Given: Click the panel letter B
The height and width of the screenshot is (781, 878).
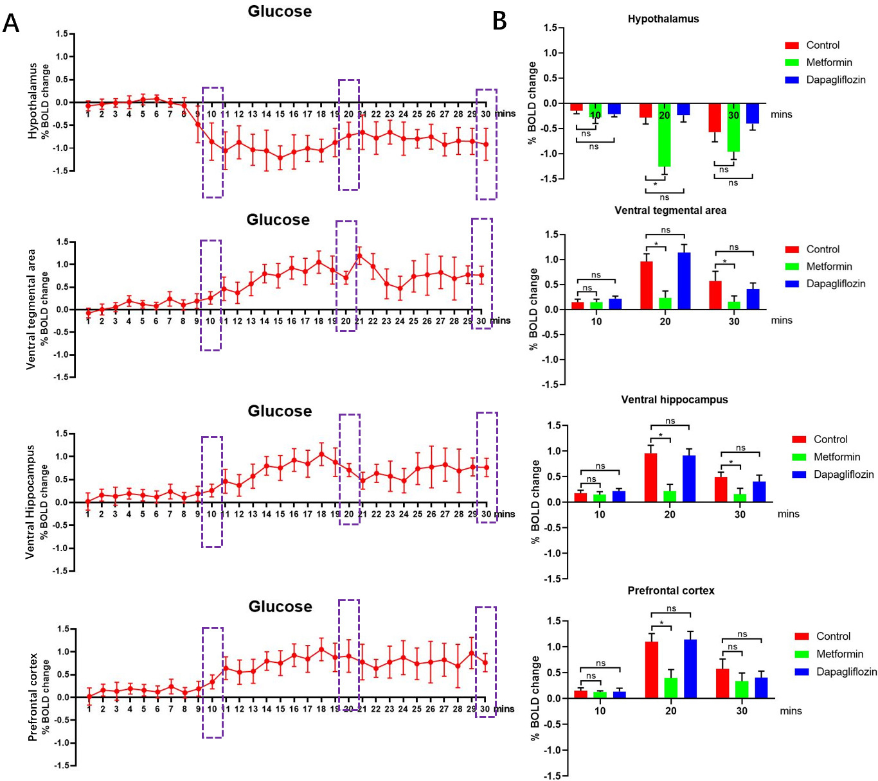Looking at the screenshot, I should (499, 21).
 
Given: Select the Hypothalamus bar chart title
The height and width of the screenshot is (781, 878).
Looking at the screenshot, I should (663, 19).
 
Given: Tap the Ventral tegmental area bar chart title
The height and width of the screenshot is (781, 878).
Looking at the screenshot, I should (670, 211).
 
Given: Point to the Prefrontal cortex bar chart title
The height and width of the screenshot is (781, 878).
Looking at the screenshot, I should (670, 591).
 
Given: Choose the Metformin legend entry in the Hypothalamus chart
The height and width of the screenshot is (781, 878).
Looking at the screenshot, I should (829, 62).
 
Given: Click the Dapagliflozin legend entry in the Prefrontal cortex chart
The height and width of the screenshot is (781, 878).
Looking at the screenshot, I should (846, 672).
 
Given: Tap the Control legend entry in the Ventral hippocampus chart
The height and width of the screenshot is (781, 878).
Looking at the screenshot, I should (830, 439).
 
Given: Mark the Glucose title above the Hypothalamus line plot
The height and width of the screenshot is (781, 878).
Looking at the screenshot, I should (280, 12).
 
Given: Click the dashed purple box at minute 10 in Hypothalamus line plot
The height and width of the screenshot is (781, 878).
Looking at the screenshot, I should (213, 142).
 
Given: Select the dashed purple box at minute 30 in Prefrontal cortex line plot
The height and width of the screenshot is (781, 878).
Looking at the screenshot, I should (485, 662).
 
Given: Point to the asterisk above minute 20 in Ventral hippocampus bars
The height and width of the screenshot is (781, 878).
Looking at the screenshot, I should (660, 435).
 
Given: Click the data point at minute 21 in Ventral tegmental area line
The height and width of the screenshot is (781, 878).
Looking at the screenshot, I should (359, 256).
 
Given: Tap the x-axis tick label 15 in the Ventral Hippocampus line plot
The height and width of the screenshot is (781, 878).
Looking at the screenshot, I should (280, 514).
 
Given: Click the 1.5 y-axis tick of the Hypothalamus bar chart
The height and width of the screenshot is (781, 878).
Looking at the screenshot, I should (550, 28).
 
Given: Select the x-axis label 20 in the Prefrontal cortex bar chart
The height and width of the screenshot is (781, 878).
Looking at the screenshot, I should (670, 711).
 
